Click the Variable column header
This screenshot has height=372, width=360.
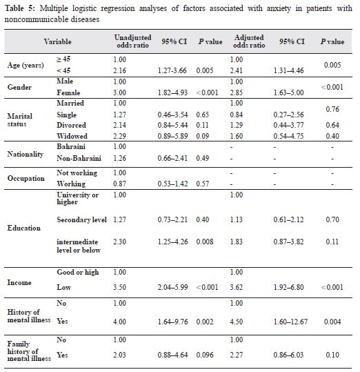coord(58,41)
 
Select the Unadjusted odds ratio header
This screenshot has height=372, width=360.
coord(132,41)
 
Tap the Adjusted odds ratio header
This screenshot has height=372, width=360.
coord(249,41)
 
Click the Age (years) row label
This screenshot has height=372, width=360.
coord(26,66)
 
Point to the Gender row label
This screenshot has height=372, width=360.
coord(19,87)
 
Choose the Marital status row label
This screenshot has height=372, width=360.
coord(20,120)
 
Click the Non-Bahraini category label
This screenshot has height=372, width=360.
coord(79,158)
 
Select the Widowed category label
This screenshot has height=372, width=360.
coord(72,136)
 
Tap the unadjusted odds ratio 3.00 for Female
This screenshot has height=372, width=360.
coord(119,92)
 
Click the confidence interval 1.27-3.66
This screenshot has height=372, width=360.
coord(172,70)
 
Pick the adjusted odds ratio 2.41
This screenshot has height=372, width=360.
coord(237,70)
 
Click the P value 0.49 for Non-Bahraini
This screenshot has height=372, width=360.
coord(202,158)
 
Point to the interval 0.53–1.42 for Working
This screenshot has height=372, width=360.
coord(172,184)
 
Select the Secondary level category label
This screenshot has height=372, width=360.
coord(81,219)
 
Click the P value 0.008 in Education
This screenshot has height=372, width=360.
coord(205,242)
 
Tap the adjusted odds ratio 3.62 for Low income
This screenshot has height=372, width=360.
coord(237,287)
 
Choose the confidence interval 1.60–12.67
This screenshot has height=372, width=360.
coord(290,322)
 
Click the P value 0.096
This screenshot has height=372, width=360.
coord(205,355)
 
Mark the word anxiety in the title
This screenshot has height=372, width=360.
coord(279,8)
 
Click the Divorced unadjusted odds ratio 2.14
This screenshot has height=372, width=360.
coord(119,125)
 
